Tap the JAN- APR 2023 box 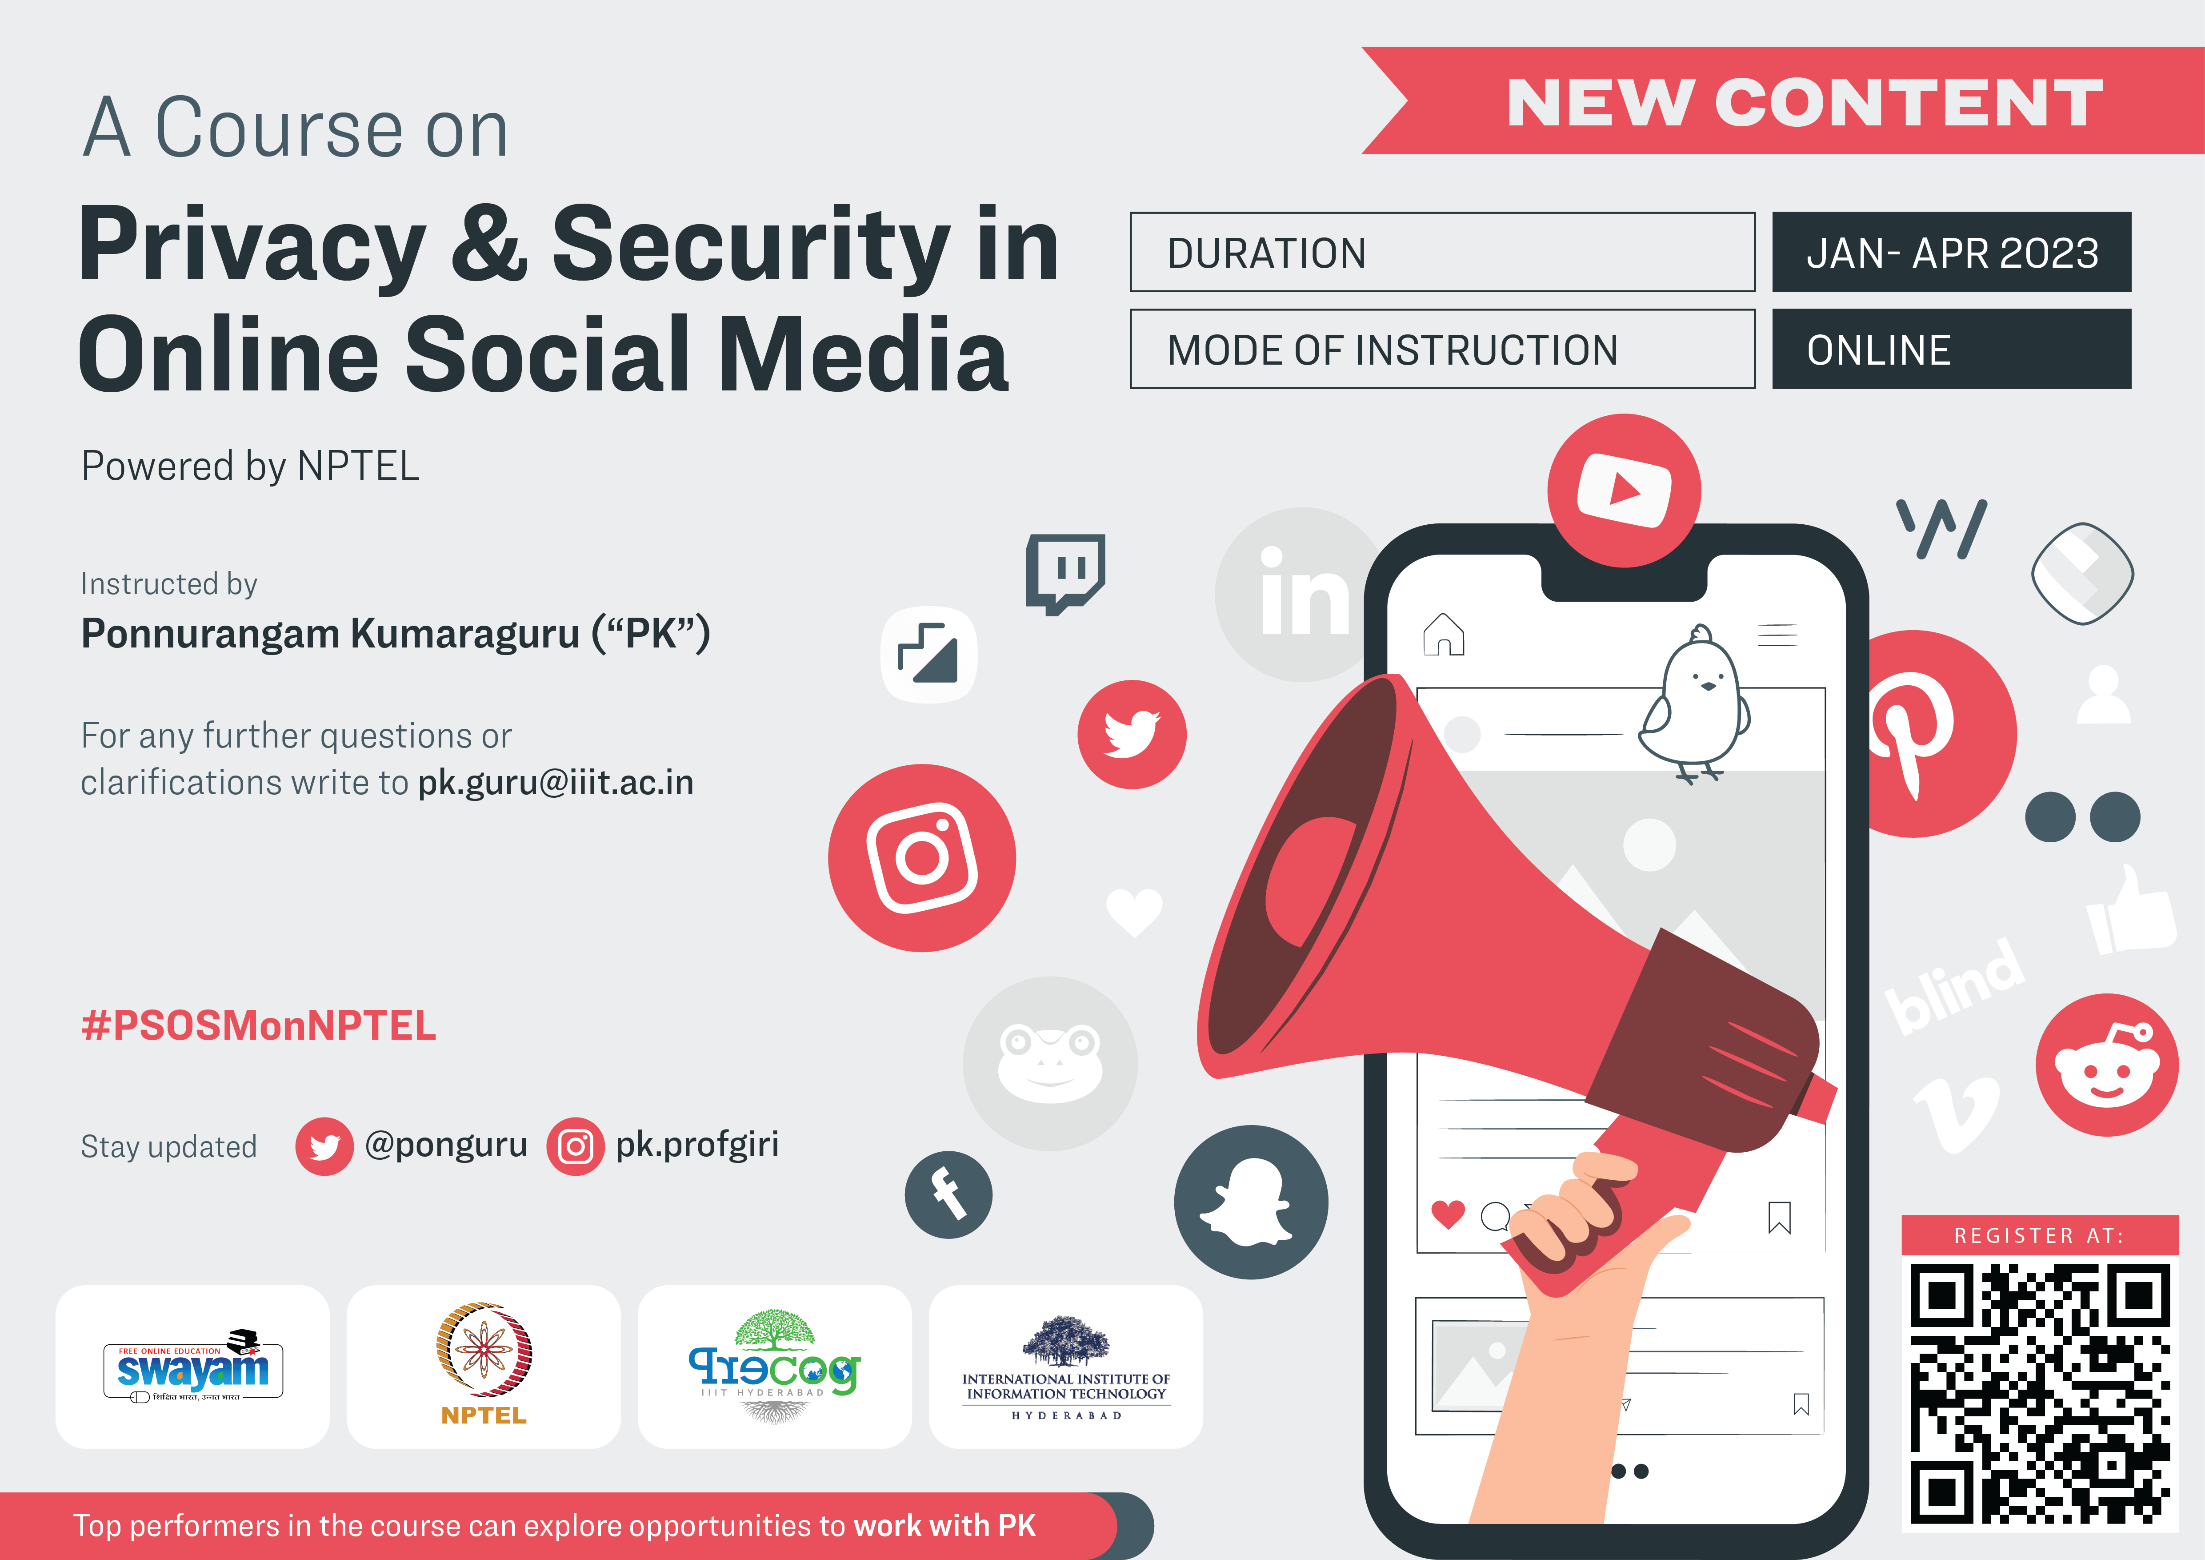pyautogui.click(x=1952, y=252)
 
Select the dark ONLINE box pyautogui.click(x=1952, y=349)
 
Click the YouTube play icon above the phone pyautogui.click(x=1624, y=490)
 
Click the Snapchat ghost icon pyautogui.click(x=1250, y=1202)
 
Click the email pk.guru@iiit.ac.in pyautogui.click(x=555, y=783)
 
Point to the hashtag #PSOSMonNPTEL pyautogui.click(x=258, y=1026)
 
